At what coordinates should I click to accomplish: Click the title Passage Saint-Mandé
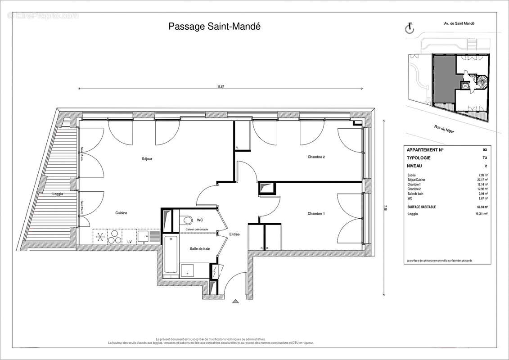click(214, 27)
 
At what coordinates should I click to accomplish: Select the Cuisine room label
click(121, 213)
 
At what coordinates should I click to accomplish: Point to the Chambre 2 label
click(316, 157)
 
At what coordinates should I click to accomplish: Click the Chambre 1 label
click(316, 213)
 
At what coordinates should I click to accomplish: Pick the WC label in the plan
click(200, 220)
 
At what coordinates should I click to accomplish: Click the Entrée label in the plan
click(234, 234)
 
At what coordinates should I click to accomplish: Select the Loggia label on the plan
click(57, 194)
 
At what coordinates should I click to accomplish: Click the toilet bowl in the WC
click(186, 220)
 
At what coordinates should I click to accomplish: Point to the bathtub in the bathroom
click(171, 254)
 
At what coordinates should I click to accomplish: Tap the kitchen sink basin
click(144, 235)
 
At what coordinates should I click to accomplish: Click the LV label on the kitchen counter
click(130, 242)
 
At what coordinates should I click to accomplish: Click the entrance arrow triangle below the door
click(234, 301)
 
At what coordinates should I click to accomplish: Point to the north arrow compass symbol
click(410, 29)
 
